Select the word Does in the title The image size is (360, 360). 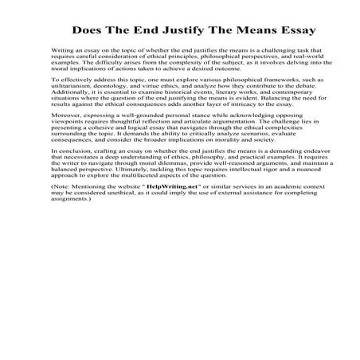(88, 33)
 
